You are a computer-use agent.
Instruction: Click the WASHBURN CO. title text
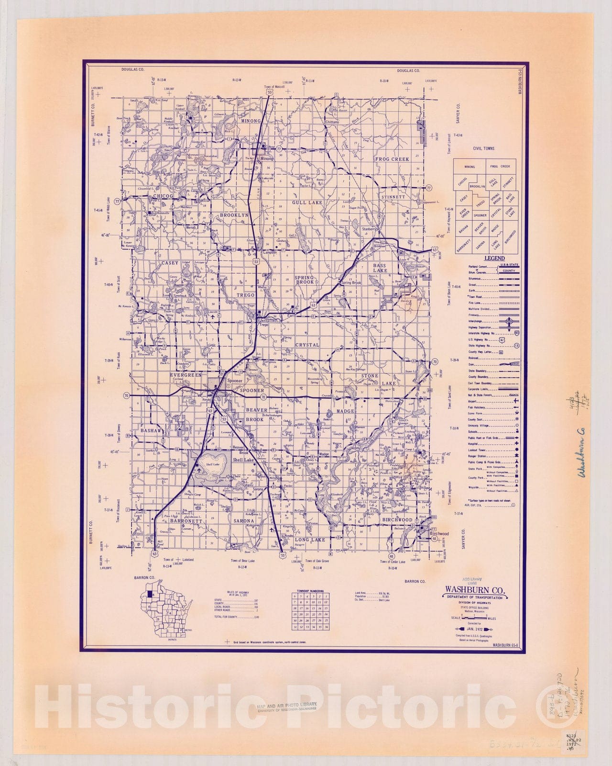[474, 589]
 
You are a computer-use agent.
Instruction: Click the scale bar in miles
[474, 618]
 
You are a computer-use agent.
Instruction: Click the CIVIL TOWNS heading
[484, 148]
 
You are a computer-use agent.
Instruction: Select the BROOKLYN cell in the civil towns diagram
[477, 186]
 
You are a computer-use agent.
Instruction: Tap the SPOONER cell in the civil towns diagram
[480, 216]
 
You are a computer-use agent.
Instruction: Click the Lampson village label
[271, 252]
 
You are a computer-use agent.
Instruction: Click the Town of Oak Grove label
[317, 561]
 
